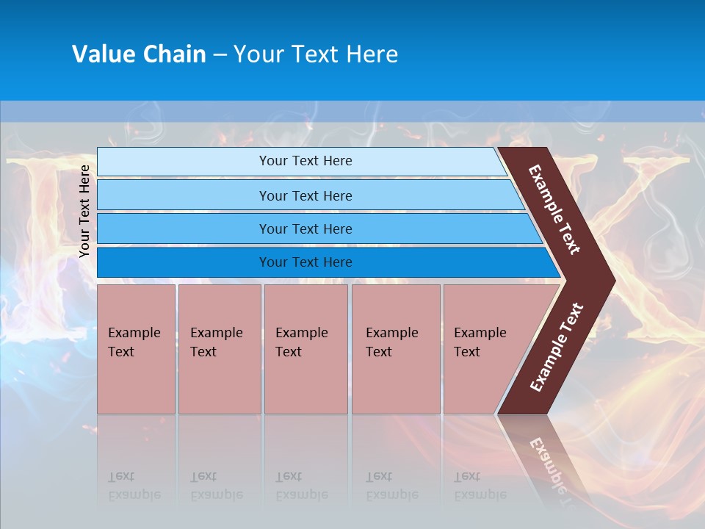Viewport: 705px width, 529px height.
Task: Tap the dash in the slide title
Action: click(220, 55)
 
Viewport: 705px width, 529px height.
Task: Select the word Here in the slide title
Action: click(372, 54)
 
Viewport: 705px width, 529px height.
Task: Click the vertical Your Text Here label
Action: click(84, 211)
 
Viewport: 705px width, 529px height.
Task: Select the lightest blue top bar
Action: click(301, 161)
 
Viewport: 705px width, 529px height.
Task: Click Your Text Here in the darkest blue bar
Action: click(305, 262)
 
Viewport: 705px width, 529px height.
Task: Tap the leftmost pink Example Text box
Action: click(136, 349)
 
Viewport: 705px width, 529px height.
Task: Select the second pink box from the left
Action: click(219, 349)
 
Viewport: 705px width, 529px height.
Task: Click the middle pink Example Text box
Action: click(305, 349)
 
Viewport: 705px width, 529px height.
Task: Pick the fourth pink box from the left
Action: click(395, 349)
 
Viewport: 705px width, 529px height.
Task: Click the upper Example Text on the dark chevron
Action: click(554, 209)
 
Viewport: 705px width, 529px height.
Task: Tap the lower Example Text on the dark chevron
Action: click(557, 348)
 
